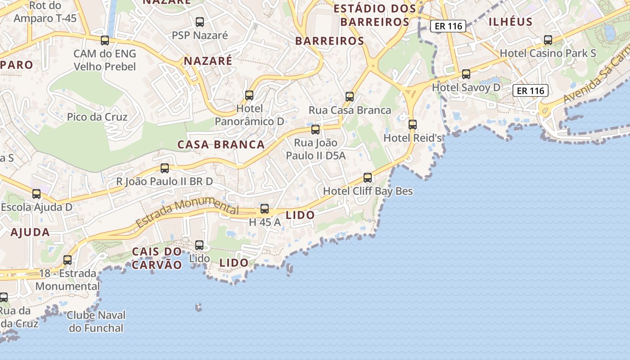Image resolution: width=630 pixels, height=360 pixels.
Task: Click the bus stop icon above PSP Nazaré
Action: (200, 22)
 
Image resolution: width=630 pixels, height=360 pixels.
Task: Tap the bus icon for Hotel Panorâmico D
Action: (249, 95)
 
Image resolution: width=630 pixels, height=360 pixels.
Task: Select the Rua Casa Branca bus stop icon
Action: (350, 96)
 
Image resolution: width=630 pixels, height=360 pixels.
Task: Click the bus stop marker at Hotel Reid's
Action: (413, 125)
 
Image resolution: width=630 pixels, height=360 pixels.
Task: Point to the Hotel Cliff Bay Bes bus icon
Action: (368, 178)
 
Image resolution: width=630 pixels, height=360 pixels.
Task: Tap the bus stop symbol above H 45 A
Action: (265, 209)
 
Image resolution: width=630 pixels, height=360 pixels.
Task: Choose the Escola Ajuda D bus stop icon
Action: (36, 194)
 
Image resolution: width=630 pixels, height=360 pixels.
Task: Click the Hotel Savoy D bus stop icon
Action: (466, 74)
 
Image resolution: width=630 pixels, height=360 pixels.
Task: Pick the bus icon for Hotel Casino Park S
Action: (548, 40)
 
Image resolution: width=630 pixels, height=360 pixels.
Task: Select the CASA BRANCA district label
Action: (221, 145)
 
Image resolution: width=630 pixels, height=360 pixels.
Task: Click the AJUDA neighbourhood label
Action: (30, 233)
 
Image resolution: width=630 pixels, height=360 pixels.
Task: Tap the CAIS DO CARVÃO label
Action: (157, 258)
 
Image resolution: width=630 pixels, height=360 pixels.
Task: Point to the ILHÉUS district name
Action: (510, 22)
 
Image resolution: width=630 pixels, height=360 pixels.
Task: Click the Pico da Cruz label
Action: (97, 117)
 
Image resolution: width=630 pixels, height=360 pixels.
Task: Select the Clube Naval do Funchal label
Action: (96, 321)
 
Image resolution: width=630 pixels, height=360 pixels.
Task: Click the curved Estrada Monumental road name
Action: (187, 213)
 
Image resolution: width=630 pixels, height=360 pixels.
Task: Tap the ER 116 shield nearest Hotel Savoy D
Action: (531, 91)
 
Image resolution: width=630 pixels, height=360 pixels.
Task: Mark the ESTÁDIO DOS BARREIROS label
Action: (375, 15)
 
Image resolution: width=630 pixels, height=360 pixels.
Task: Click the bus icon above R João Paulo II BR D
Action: (165, 168)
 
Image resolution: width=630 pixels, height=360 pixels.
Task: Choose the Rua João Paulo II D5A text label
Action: (315, 149)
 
